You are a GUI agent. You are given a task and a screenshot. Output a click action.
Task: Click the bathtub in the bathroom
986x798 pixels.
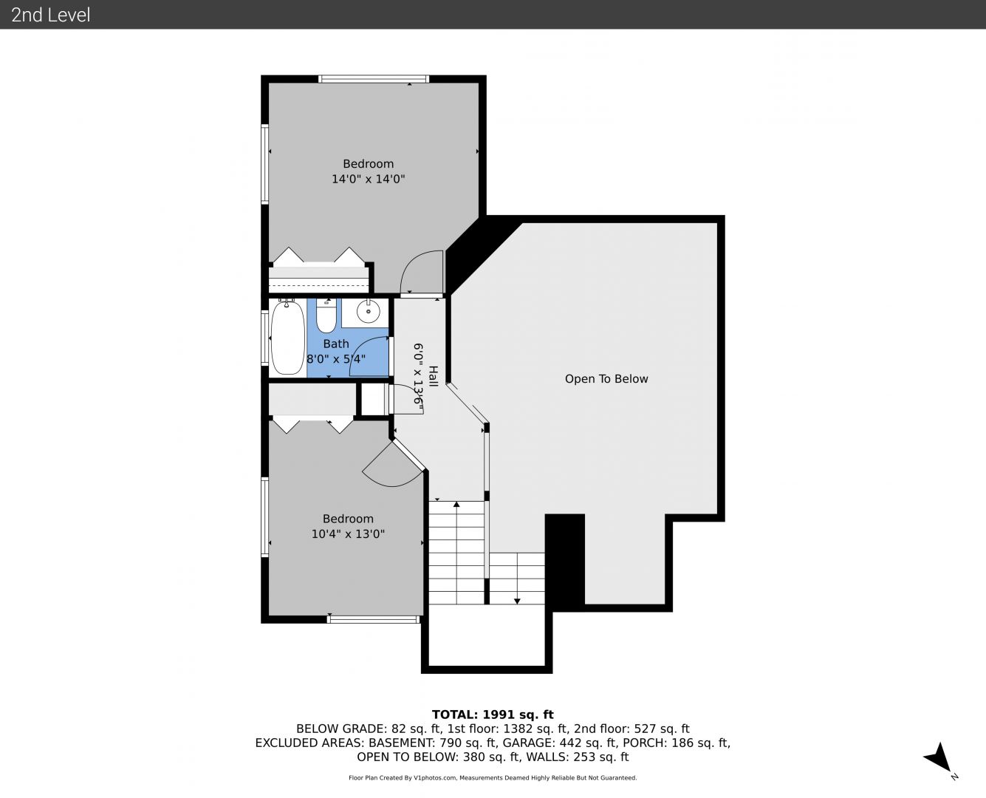[287, 338]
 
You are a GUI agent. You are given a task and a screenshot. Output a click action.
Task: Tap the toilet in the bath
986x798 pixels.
[326, 316]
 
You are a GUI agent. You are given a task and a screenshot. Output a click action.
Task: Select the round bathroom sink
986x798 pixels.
[368, 312]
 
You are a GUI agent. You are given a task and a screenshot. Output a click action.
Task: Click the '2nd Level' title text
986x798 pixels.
[50, 15]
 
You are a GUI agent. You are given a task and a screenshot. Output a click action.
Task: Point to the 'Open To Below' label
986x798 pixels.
[606, 379]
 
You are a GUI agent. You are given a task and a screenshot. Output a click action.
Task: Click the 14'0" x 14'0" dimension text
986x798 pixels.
[368, 179]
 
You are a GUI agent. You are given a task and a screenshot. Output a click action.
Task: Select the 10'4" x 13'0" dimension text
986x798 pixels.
[348, 534]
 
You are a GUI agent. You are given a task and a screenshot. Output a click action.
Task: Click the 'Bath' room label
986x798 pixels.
[336, 344]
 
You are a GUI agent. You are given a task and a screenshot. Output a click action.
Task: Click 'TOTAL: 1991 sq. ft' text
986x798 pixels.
[493, 715]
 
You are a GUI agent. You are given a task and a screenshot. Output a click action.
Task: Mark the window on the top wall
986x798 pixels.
[374, 79]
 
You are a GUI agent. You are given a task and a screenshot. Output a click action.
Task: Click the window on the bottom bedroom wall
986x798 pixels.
[374, 619]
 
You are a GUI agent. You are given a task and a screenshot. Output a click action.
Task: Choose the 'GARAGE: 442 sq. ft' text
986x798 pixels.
[560, 743]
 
